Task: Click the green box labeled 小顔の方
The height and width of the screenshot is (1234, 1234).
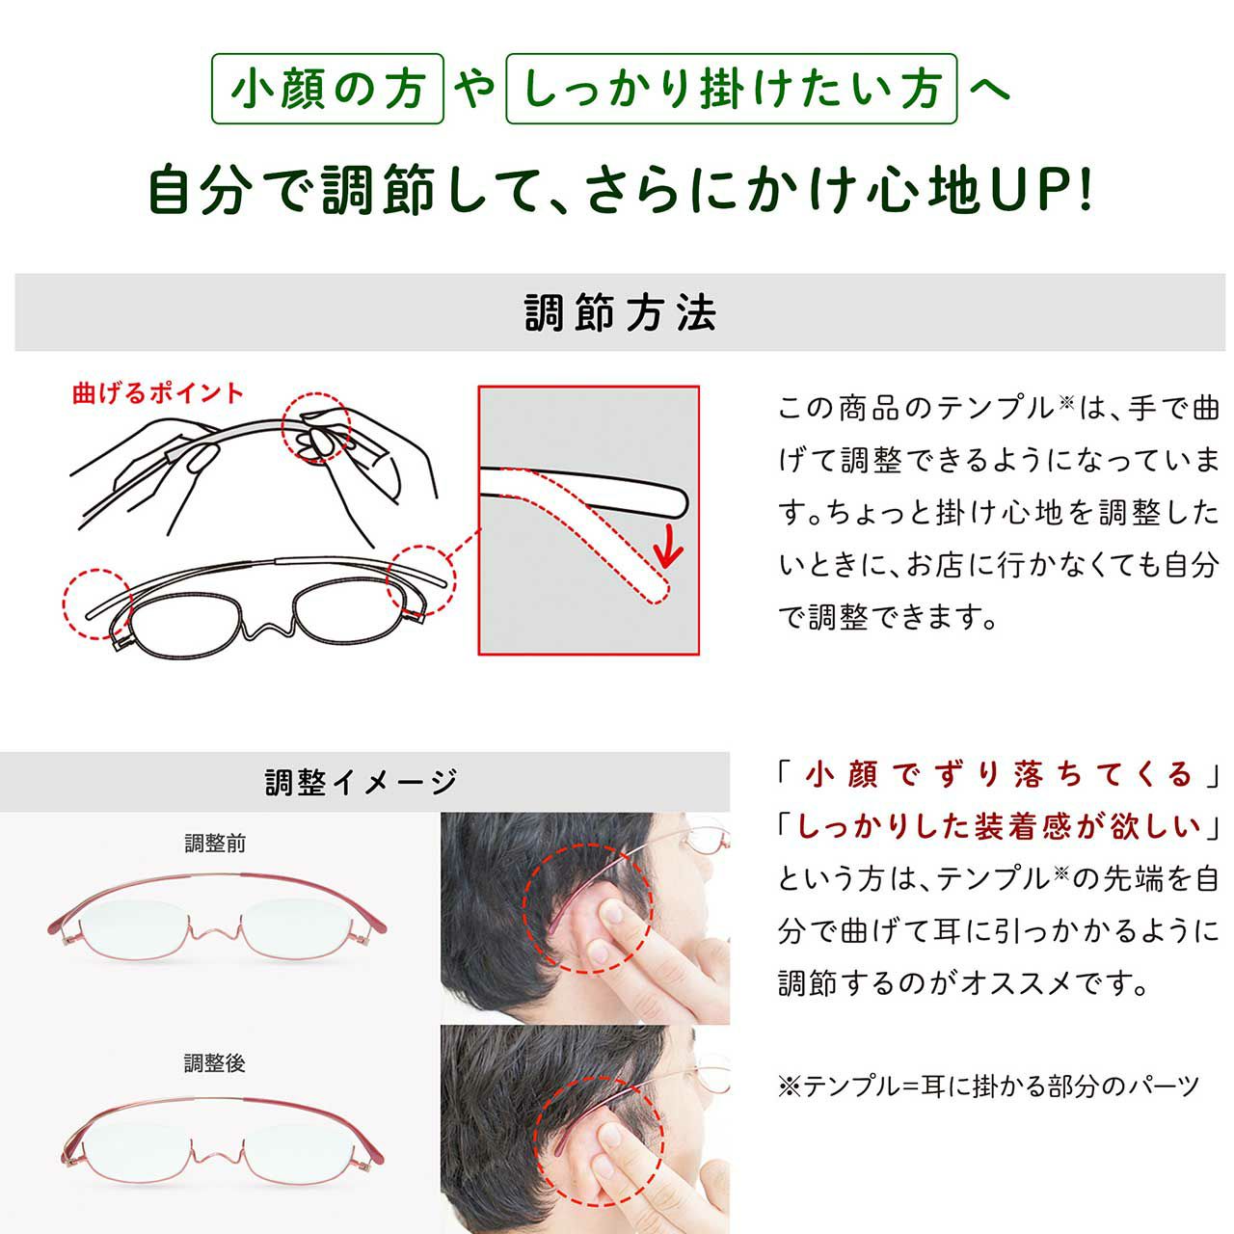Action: point(327,89)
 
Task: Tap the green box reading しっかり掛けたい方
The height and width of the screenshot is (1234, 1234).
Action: point(732,89)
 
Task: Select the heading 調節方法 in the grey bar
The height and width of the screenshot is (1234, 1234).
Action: point(620,313)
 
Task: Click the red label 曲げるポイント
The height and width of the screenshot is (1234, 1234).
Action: point(158,393)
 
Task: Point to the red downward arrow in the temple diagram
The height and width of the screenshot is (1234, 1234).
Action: point(668,545)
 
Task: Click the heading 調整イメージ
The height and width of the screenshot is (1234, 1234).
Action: point(362,782)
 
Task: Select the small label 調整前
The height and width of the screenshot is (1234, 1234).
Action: point(215,844)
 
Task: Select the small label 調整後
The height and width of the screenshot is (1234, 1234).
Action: point(215,1063)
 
